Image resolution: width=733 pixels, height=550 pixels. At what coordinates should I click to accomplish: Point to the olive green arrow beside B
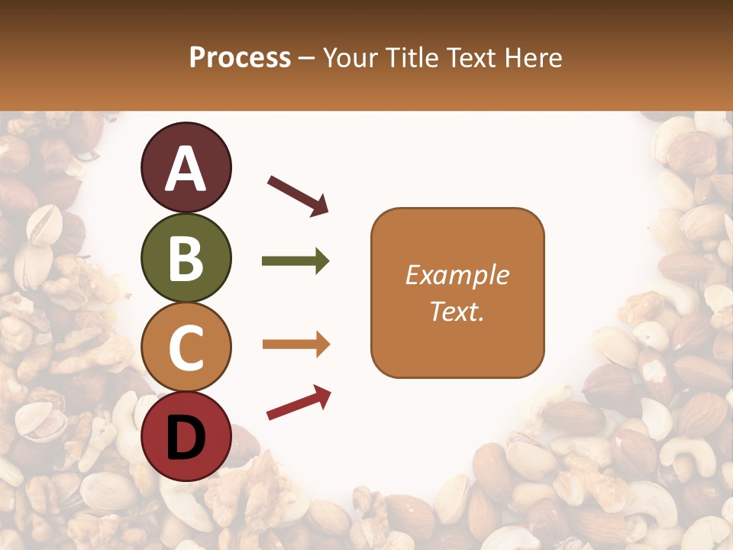point(295,261)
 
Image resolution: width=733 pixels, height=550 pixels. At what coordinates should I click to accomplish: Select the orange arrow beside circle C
point(295,345)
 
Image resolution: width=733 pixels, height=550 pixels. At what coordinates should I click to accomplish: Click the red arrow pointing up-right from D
point(299,403)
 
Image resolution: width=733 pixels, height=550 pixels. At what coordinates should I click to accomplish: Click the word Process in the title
point(240,57)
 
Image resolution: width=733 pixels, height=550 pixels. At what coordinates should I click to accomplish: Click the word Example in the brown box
point(457,275)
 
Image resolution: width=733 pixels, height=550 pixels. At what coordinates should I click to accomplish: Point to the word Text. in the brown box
point(457,311)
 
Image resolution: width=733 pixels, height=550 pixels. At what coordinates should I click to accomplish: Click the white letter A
point(186,169)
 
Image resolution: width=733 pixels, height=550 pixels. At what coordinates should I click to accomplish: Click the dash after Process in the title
point(307,58)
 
